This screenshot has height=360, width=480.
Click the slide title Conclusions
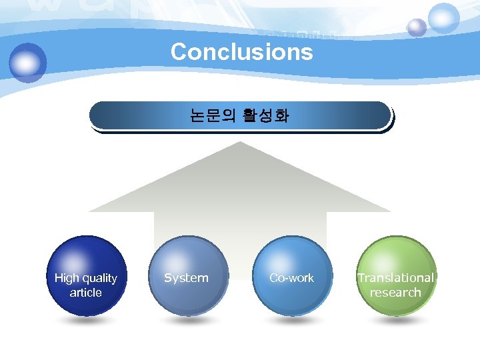(241, 51)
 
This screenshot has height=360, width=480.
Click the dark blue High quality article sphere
(87, 275)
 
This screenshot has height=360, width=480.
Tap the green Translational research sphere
(396, 275)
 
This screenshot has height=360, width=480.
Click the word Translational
(395, 278)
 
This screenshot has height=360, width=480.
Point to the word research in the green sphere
(395, 293)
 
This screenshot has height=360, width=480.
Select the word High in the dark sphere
(67, 278)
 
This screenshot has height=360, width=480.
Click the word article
(85, 293)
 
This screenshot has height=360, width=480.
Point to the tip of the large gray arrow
(241, 144)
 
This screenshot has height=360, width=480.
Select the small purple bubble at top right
(417, 27)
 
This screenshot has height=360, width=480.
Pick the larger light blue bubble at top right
(444, 18)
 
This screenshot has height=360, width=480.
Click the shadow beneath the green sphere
(396, 321)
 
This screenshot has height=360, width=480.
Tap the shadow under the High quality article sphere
(87, 321)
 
